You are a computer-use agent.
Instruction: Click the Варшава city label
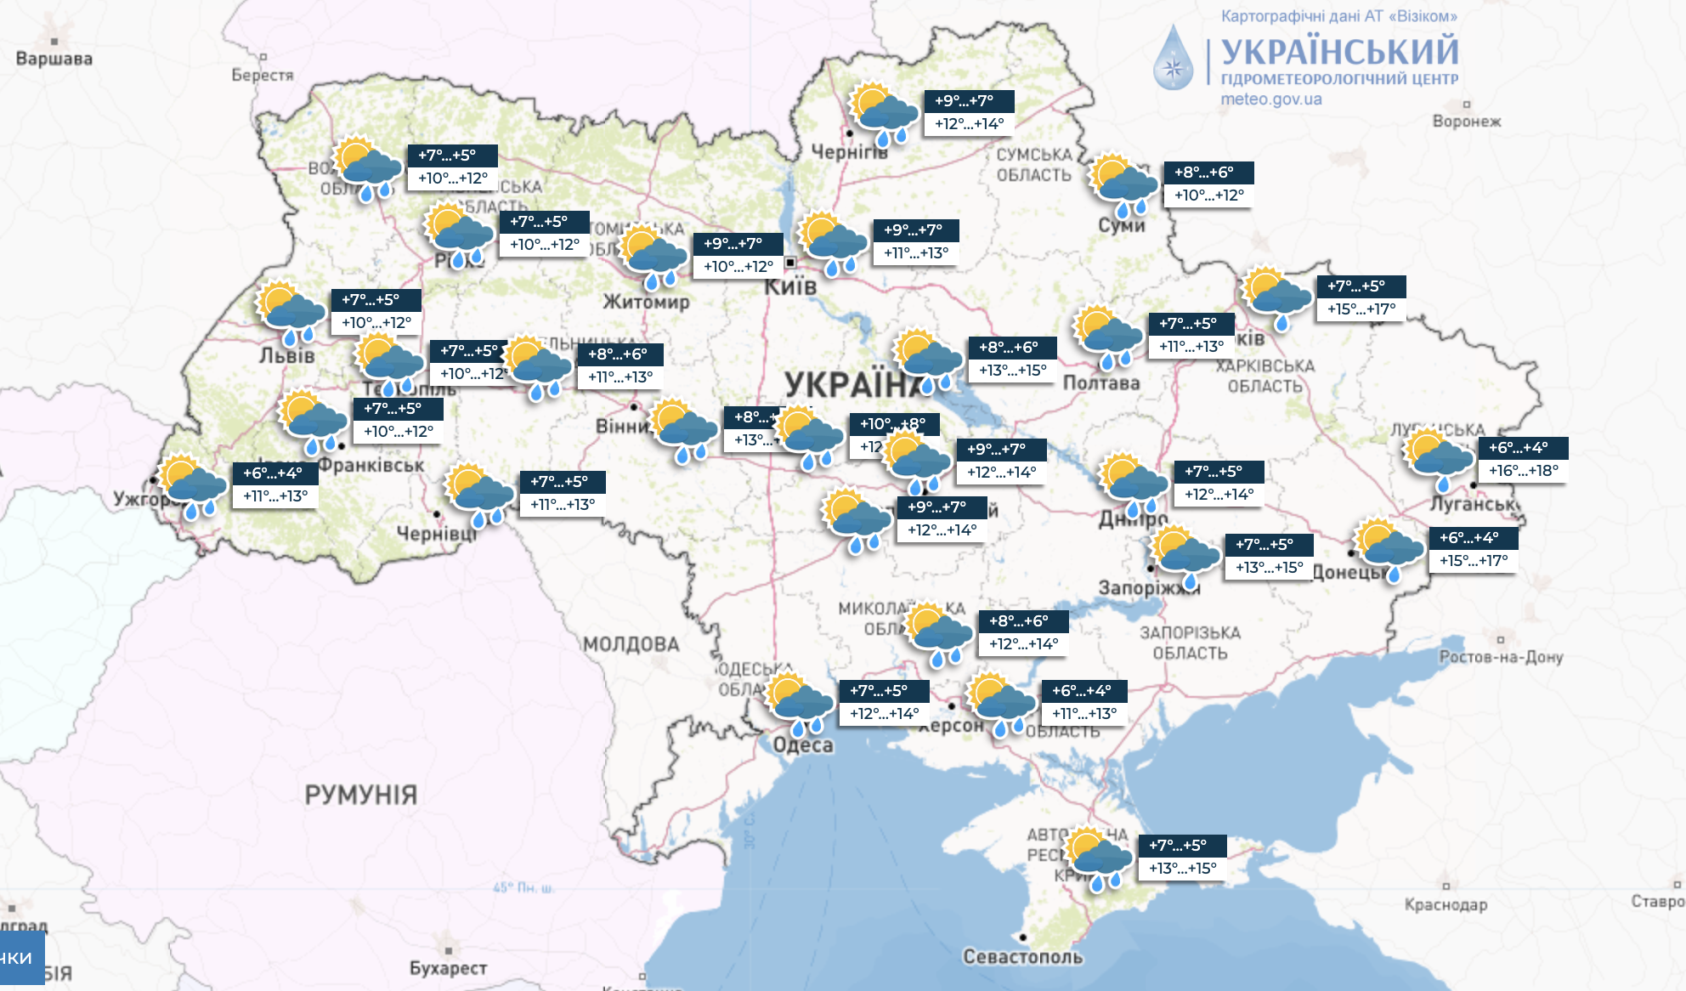(x=54, y=59)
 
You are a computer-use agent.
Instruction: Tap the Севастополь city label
(x=1022, y=957)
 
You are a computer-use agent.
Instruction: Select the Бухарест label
(x=448, y=968)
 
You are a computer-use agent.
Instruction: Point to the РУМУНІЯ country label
(x=360, y=795)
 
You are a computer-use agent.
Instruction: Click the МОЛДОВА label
(x=631, y=644)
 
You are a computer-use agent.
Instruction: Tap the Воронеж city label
(x=1467, y=122)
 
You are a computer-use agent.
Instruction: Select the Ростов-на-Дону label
(x=1501, y=657)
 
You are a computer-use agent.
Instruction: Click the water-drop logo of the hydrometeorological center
(x=1173, y=58)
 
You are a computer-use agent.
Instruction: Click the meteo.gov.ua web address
(x=1270, y=99)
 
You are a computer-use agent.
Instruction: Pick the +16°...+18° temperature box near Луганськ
(x=1523, y=471)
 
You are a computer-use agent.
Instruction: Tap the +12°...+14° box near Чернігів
(x=969, y=124)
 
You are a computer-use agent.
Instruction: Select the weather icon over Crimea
(x=1098, y=858)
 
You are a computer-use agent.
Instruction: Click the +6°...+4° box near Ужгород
(x=274, y=473)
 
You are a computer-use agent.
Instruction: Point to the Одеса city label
(x=802, y=745)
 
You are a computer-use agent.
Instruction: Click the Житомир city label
(x=646, y=302)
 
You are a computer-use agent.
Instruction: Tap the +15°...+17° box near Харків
(x=1361, y=309)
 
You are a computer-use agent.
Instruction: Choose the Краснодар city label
(x=1446, y=905)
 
